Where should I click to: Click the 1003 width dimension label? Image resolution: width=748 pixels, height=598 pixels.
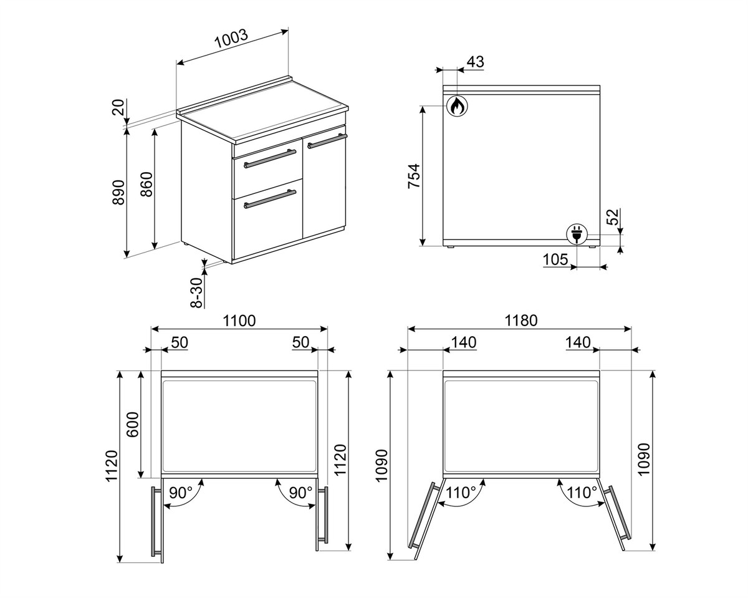[x=231, y=39]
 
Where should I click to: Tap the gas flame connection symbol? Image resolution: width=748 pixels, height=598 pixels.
[x=457, y=105]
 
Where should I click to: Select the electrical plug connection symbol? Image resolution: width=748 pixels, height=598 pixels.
[x=577, y=234]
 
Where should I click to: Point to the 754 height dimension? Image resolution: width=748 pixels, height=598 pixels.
[x=414, y=176]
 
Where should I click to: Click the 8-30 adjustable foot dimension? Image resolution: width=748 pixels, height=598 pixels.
[x=197, y=292]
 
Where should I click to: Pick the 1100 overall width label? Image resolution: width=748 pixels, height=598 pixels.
[x=239, y=321]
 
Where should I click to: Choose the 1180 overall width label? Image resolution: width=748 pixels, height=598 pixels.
[x=520, y=321]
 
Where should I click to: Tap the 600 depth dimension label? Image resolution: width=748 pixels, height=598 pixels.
[x=132, y=425]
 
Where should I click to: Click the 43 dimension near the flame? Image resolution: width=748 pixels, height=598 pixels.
[x=475, y=62]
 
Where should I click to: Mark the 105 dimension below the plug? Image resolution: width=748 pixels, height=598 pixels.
[x=555, y=259]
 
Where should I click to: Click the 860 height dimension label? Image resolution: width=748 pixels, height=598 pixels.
[x=146, y=185]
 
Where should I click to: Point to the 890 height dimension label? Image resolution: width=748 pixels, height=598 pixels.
[x=118, y=192]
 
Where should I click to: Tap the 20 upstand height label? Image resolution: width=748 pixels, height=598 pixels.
[x=118, y=107]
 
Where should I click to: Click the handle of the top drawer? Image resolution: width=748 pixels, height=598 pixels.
[x=270, y=158]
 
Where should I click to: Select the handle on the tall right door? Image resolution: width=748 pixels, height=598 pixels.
[x=327, y=141]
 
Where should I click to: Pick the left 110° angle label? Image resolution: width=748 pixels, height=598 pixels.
[x=461, y=493]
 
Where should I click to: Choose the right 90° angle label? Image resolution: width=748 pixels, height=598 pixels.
[x=301, y=493]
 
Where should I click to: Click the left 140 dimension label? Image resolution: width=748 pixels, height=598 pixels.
[x=463, y=342]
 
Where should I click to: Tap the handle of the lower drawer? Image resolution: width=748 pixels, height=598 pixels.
[x=270, y=199]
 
